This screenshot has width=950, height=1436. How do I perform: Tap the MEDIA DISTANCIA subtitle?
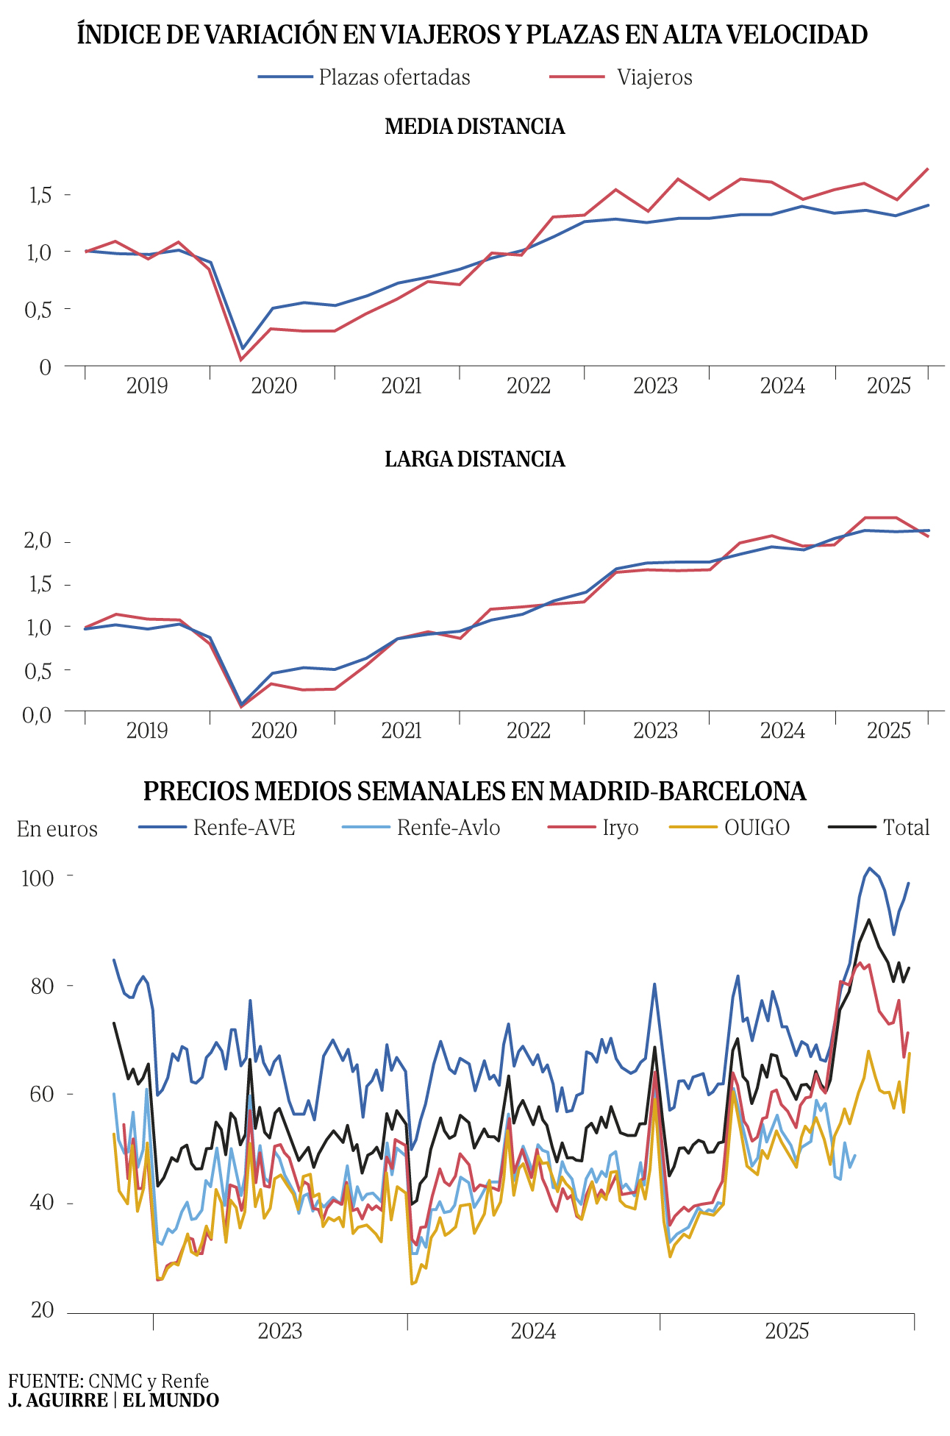(x=475, y=127)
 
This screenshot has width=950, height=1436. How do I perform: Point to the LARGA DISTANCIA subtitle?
(x=475, y=459)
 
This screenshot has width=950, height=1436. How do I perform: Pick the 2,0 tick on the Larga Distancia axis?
(x=37, y=541)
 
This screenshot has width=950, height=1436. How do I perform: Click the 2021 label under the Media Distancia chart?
(x=401, y=385)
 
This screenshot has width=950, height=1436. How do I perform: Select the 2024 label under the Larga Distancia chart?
(x=782, y=731)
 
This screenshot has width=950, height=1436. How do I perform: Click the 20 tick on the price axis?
(x=42, y=1309)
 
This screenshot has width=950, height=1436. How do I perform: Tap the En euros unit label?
(x=57, y=829)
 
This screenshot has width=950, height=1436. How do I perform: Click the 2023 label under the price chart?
(x=279, y=1331)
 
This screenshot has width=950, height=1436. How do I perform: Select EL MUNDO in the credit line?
(x=171, y=1400)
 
